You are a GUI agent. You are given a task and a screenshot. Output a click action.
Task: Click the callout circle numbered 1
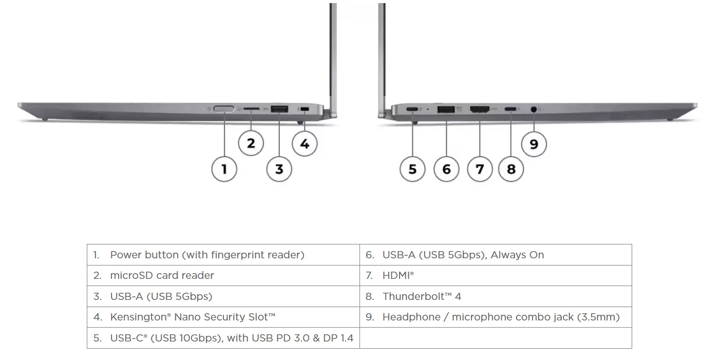pyautogui.click(x=224, y=168)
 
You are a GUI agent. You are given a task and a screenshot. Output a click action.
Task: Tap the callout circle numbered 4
pyautogui.click(x=305, y=144)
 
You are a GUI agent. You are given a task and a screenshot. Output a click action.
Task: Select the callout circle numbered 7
pyautogui.click(x=480, y=168)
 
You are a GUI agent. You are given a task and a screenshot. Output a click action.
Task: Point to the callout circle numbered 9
pyautogui.click(x=534, y=144)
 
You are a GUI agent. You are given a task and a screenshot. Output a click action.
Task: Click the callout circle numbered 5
pyautogui.click(x=412, y=168)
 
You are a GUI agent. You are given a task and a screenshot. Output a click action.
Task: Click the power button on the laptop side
pyautogui.click(x=224, y=109)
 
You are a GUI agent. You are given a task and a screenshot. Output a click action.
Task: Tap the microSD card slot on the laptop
pyautogui.click(x=251, y=109)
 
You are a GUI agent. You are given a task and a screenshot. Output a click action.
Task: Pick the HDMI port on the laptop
pyautogui.click(x=479, y=109)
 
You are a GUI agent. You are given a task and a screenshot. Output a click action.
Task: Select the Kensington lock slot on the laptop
pyautogui.click(x=305, y=109)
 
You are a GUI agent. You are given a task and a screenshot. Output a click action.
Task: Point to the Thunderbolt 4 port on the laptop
pyautogui.click(x=511, y=109)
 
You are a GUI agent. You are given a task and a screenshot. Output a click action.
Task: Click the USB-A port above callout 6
pyautogui.click(x=446, y=109)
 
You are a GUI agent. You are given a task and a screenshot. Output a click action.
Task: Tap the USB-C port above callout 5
pyautogui.click(x=412, y=109)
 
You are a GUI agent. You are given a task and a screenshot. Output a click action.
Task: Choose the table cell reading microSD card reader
pyautogui.click(x=162, y=275)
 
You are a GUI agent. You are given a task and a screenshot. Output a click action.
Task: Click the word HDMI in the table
pyautogui.click(x=396, y=276)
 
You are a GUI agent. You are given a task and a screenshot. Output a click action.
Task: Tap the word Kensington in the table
pyautogui.click(x=138, y=317)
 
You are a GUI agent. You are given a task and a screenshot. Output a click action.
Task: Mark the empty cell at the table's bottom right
pyautogui.click(x=496, y=338)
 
